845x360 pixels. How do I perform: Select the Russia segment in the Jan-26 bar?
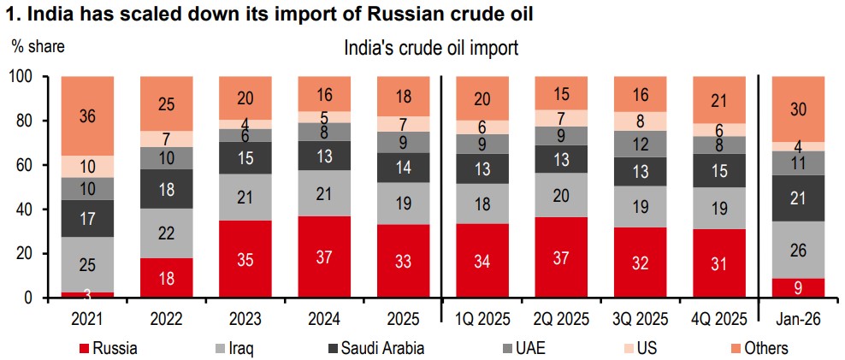tap(798, 288)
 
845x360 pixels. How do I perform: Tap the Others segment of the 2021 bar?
tap(87, 116)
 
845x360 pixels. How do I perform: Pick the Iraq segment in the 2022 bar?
tap(165, 233)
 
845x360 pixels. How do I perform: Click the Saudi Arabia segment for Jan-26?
tap(798, 198)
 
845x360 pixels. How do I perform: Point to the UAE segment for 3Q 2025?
tap(640, 143)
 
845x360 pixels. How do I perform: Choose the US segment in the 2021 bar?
tap(87, 167)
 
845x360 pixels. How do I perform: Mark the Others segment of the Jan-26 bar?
tap(798, 109)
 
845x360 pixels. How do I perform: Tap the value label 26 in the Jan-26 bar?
tap(798, 250)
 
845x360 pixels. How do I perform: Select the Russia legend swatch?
tap(85, 348)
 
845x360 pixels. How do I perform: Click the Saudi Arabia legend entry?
tap(376, 348)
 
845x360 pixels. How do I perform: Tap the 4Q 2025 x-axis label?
tap(719, 320)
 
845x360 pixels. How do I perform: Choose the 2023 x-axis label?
tap(245, 320)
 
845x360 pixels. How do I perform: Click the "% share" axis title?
tap(38, 46)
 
